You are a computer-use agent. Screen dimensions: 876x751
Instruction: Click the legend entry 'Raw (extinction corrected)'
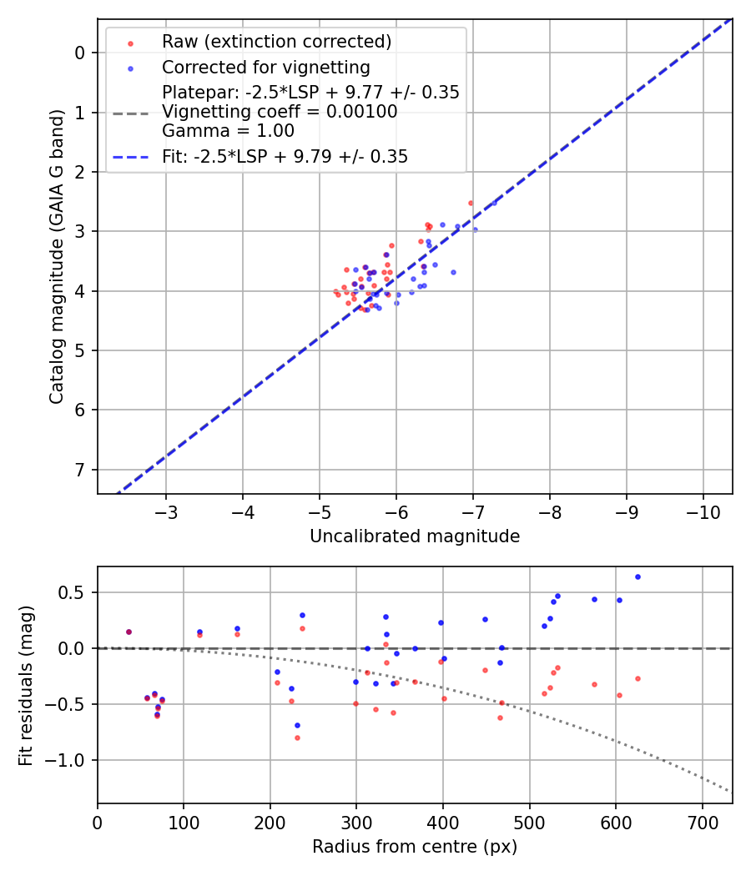point(276,42)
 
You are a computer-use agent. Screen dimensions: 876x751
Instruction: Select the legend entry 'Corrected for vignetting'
point(266,67)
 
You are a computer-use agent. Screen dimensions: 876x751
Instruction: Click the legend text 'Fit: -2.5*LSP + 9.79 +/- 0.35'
point(285,157)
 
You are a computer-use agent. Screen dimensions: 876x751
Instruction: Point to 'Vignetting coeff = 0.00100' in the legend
point(280,112)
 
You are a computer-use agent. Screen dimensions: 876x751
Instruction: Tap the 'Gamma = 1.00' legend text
point(228,131)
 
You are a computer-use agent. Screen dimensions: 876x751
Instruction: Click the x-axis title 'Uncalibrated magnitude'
point(415,536)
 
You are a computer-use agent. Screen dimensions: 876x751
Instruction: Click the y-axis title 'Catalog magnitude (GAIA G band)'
point(56,255)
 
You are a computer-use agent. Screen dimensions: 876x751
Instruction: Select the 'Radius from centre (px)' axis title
point(415,847)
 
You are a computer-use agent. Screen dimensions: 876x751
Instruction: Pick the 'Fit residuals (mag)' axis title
point(26,685)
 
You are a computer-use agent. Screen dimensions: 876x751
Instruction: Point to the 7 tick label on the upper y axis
point(81,470)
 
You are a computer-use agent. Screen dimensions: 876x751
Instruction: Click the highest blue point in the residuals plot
point(638,576)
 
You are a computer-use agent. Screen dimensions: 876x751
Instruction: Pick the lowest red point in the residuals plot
point(297,738)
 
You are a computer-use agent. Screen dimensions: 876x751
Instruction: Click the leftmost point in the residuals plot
point(129,632)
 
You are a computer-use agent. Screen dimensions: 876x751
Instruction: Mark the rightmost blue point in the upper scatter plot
point(494,203)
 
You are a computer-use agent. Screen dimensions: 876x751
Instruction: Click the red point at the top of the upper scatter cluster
point(471,203)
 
